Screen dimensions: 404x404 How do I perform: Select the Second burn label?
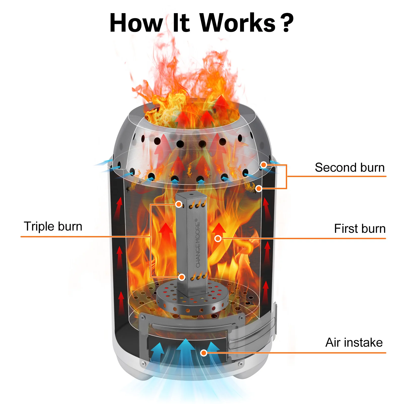(350, 167)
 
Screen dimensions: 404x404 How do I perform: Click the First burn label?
(360, 229)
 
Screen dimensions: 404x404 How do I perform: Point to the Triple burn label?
(53, 226)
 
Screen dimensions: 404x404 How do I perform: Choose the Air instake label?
(354, 342)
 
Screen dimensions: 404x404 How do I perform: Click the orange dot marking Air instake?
(204, 353)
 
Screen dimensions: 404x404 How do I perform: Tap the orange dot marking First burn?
(218, 238)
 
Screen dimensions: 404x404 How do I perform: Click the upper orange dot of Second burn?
(264, 165)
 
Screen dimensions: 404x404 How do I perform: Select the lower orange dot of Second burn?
(259, 188)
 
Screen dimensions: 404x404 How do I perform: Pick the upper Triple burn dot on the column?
(179, 204)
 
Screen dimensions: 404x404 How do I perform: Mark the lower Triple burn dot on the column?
(182, 277)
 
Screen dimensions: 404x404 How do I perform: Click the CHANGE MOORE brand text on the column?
(198, 244)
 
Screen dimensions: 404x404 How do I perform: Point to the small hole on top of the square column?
(191, 195)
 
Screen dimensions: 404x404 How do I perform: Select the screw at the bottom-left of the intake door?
(143, 364)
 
